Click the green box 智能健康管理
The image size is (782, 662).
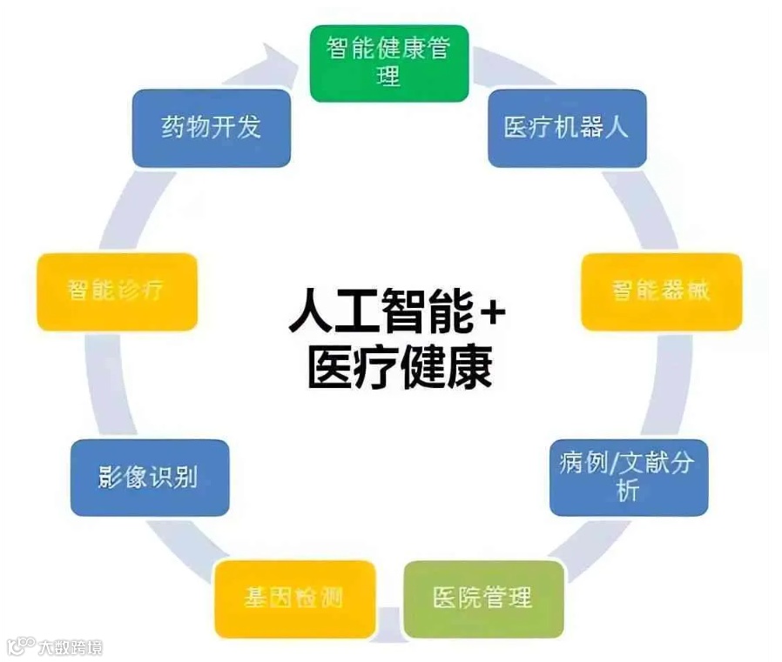click(x=389, y=63)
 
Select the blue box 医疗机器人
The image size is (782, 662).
click(x=566, y=128)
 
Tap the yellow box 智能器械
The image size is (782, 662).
click(x=660, y=291)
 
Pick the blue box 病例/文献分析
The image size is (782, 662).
click(x=628, y=477)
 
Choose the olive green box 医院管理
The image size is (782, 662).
click(x=482, y=598)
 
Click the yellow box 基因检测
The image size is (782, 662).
click(x=294, y=598)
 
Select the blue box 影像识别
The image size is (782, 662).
click(x=148, y=478)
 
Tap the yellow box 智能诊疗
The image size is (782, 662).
click(x=117, y=291)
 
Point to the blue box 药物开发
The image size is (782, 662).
click(x=212, y=128)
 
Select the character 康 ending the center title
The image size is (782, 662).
click(x=469, y=367)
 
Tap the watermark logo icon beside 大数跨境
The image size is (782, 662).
click(x=20, y=646)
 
